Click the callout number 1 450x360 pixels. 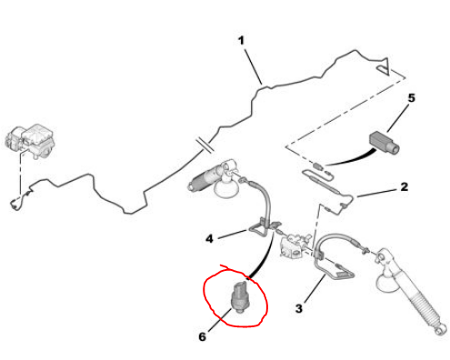click(x=241, y=41)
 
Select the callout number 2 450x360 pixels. click(x=404, y=186)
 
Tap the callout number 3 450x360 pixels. click(x=299, y=308)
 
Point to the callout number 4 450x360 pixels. click(x=209, y=239)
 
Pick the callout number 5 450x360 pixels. click(x=411, y=98)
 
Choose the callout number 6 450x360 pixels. click(x=202, y=336)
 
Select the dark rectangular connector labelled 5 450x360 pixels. click(x=384, y=142)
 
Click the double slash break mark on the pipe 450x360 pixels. click(x=205, y=145)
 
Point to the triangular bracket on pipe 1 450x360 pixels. click(x=383, y=66)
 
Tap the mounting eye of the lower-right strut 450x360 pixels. click(x=441, y=330)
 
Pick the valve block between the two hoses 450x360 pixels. click(x=294, y=246)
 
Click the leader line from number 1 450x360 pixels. click(x=254, y=65)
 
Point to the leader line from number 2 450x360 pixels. click(x=376, y=194)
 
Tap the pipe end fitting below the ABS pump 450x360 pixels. click(x=16, y=203)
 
